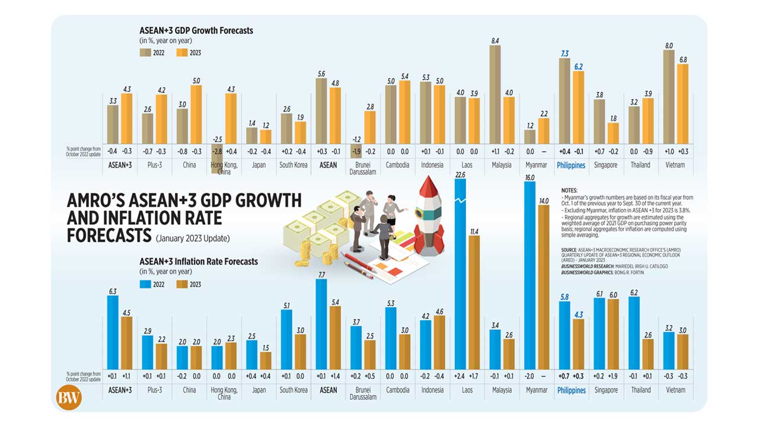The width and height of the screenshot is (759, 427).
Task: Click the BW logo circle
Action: tap(69, 397)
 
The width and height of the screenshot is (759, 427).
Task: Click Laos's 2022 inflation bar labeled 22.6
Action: tap(460, 273)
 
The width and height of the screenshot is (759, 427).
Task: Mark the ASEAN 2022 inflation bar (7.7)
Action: tap(321, 324)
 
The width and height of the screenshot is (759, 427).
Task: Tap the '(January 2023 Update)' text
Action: tap(193, 239)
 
